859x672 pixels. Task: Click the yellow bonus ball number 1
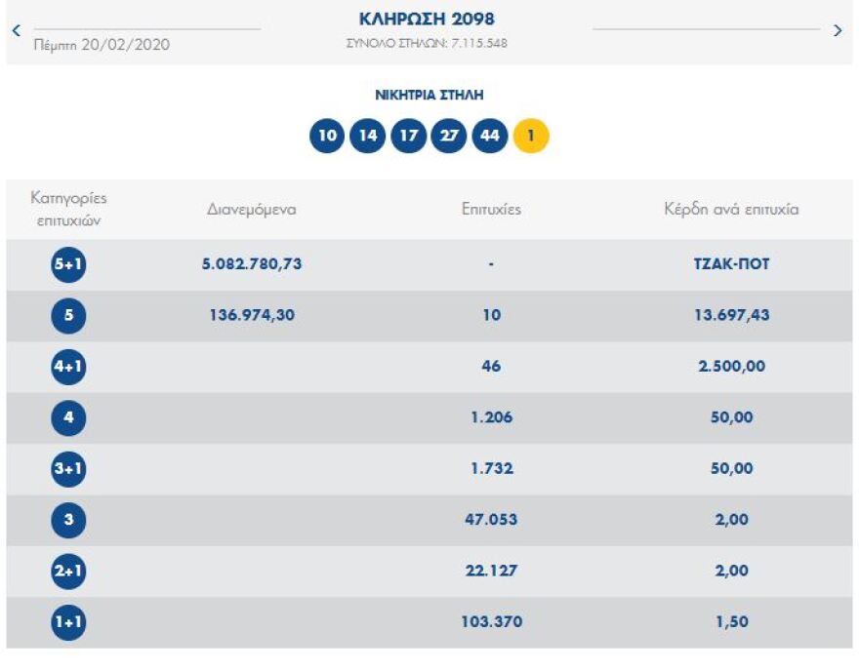tap(531, 136)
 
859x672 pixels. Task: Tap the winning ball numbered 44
tap(490, 136)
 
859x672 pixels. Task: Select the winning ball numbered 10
tap(327, 136)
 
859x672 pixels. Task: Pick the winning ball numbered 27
tap(449, 136)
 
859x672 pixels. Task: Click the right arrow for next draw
tap(838, 30)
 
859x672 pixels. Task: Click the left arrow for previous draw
tap(16, 30)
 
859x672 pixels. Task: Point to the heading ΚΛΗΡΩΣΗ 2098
tap(428, 20)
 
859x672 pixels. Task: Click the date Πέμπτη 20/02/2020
tap(102, 45)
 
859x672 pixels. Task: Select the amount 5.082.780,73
tap(252, 264)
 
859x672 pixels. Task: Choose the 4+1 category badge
tap(68, 367)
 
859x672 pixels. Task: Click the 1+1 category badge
tap(68, 622)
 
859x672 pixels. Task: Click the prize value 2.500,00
tap(731, 367)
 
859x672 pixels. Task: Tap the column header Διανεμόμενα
tap(251, 210)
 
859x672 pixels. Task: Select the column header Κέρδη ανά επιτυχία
tap(730, 210)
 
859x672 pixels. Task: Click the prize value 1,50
tap(731, 622)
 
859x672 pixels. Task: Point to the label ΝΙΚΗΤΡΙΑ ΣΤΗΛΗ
tap(429, 96)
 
